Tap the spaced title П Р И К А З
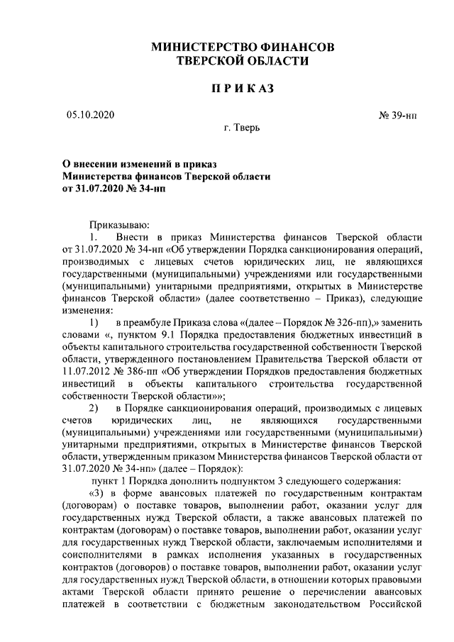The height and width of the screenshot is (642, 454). pos(243,89)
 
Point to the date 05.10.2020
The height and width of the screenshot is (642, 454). pos(90,114)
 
